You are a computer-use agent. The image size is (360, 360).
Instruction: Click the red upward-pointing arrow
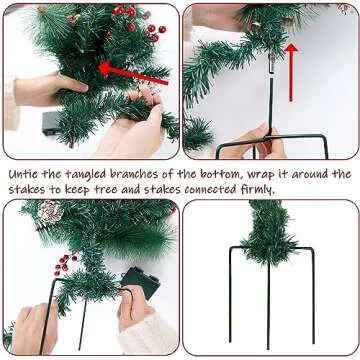(292, 71)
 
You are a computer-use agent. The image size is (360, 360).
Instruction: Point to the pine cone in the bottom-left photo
(49, 211)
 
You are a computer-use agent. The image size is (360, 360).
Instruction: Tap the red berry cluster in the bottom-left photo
(65, 265)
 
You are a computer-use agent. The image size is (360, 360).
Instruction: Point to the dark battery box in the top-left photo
(50, 123)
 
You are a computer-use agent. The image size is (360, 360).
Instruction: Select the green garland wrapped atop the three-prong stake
(267, 235)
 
